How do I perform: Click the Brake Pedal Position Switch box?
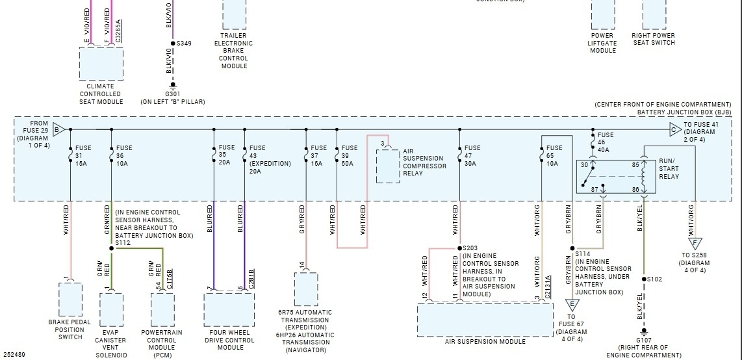click(70, 299)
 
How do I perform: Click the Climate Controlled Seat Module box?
click(101, 63)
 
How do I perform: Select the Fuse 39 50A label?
click(350, 155)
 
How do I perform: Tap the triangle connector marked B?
click(58, 129)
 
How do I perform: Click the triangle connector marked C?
click(674, 129)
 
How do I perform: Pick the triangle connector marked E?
click(572, 304)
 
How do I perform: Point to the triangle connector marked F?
click(695, 244)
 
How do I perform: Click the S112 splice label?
click(122, 243)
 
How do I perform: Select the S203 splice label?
click(470, 248)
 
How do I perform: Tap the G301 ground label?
click(173, 94)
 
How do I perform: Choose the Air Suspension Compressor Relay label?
click(424, 162)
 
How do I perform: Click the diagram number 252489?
click(14, 355)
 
